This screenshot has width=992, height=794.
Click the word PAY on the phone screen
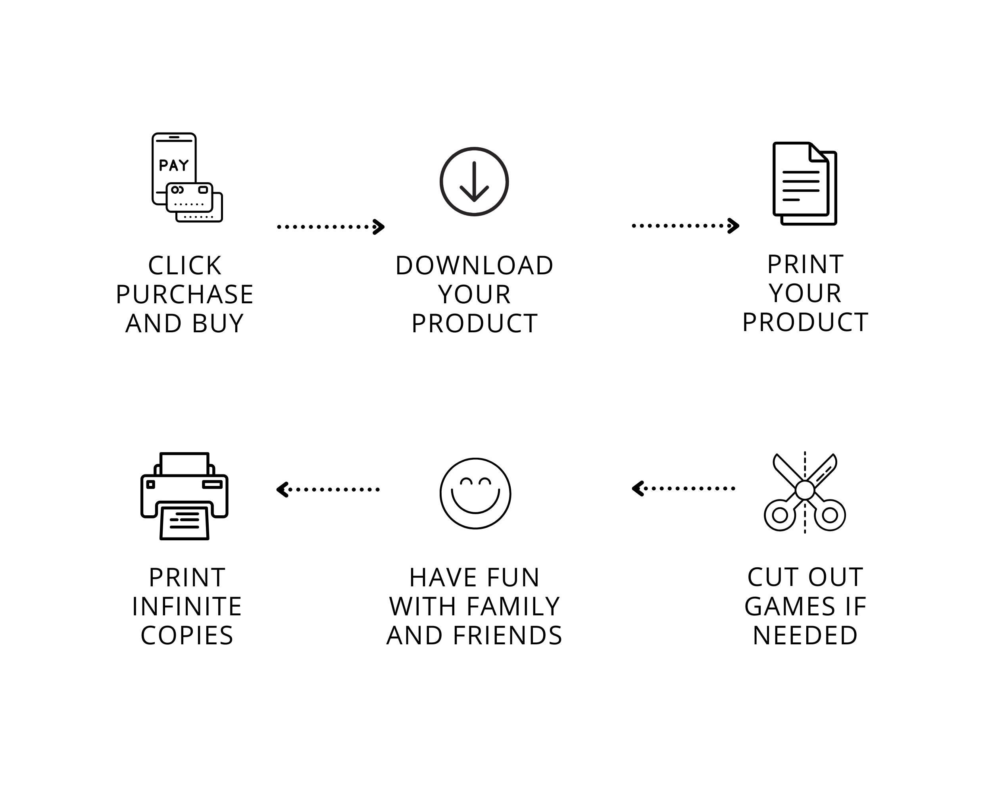174,165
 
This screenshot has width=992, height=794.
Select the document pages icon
805,184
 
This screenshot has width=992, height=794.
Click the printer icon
185,496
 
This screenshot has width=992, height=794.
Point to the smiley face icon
475,493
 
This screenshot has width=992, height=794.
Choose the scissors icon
805,492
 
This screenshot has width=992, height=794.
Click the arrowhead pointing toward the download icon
379,226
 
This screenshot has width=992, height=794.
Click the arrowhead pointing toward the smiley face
638,488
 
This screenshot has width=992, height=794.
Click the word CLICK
185,266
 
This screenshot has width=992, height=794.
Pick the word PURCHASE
185,295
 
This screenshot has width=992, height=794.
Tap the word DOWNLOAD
475,266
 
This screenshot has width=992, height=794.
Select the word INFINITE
187,607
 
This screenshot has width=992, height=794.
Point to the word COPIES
187,636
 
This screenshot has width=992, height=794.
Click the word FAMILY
513,607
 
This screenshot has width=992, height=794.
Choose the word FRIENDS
508,636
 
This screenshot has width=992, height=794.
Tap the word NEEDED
805,636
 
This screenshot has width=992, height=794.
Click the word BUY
217,324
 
